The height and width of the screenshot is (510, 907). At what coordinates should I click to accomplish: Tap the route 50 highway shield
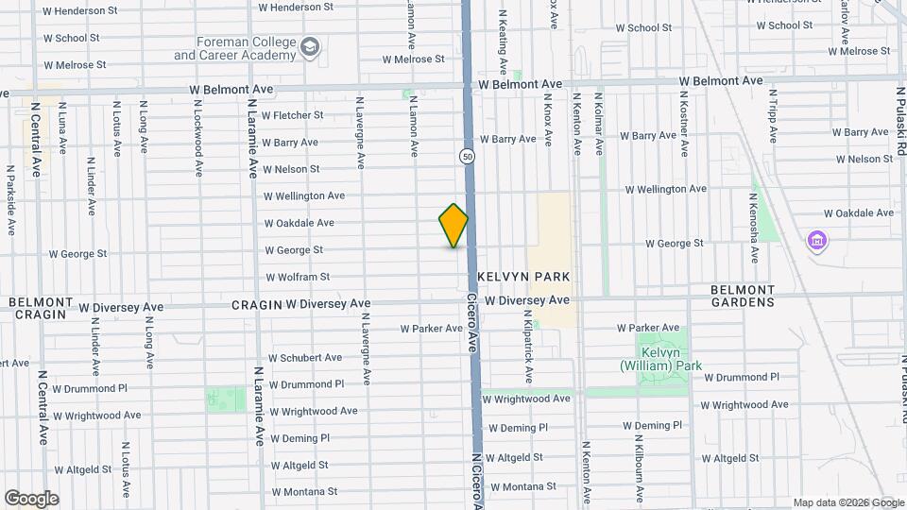click(x=468, y=156)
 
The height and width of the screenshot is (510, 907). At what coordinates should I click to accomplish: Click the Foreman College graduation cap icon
click(x=310, y=47)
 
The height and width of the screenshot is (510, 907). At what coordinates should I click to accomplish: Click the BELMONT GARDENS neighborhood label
click(x=743, y=296)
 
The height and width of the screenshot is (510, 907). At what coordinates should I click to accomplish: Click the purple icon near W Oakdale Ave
click(x=817, y=242)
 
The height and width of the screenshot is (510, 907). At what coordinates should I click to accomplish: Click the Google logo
click(x=30, y=499)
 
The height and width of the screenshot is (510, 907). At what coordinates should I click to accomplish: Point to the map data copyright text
click(x=847, y=502)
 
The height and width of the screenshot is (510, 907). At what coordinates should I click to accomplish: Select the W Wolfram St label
click(x=298, y=278)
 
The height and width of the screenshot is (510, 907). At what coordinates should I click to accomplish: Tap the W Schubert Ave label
click(x=305, y=358)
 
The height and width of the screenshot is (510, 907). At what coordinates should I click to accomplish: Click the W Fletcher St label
click(x=292, y=115)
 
